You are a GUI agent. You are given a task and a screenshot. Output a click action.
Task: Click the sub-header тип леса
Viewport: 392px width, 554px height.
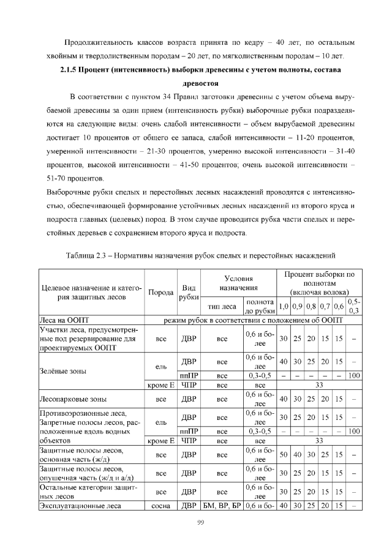tap(222, 307)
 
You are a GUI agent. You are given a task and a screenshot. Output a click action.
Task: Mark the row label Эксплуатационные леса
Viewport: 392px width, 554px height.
tap(78, 506)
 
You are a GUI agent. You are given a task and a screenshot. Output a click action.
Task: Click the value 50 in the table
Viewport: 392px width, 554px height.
tap(284, 455)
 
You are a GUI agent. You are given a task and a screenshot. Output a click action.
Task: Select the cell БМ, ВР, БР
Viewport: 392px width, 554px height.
tap(222, 506)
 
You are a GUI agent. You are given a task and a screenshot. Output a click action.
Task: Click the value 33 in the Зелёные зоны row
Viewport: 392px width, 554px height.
tap(318, 386)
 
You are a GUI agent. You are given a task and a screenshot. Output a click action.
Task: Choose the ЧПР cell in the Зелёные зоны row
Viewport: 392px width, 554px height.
tap(189, 386)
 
